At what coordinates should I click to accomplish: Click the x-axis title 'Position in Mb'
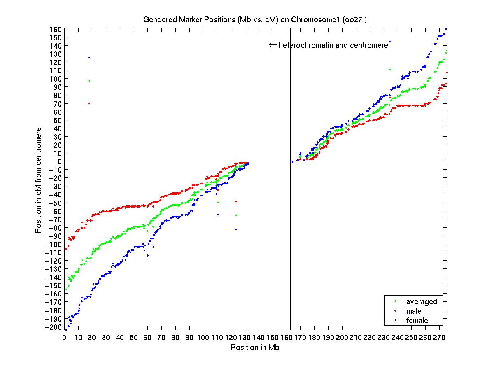[255, 347]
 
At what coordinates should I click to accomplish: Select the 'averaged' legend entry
[422, 301]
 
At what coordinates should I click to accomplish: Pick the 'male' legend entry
[414, 311]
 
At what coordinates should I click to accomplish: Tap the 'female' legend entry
[417, 320]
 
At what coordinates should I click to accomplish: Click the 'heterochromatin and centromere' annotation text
[333, 45]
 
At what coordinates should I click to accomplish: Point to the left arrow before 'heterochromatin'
[273, 45]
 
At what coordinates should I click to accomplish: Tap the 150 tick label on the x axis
[273, 338]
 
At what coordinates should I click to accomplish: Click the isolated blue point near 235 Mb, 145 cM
[390, 41]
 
